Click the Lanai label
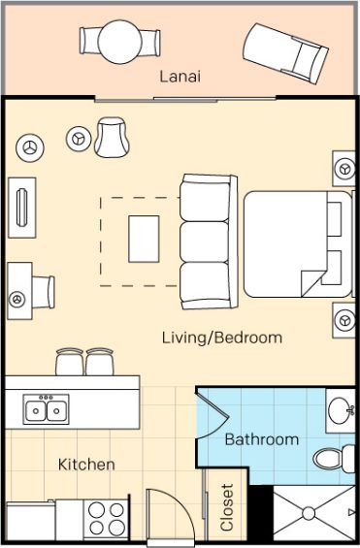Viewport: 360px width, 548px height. (x=180, y=77)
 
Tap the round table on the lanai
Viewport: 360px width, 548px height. (x=119, y=42)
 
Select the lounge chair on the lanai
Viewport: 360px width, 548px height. (x=285, y=53)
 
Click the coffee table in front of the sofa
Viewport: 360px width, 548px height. (x=144, y=239)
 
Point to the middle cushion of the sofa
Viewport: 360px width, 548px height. (x=205, y=242)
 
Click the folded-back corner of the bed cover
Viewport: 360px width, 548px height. (x=312, y=283)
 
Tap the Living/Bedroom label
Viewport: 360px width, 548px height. (x=222, y=338)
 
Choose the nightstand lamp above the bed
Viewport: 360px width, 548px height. (x=345, y=169)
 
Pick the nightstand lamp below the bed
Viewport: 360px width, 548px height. (x=344, y=320)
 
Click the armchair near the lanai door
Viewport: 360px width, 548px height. (x=112, y=137)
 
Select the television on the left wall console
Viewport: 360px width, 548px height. (x=21, y=207)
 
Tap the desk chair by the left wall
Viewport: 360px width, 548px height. (x=44, y=292)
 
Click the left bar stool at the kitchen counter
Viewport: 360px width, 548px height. (x=70, y=362)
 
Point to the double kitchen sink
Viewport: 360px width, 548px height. (x=47, y=409)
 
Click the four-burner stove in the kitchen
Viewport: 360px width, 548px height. (x=106, y=519)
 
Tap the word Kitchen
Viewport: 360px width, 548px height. (x=86, y=465)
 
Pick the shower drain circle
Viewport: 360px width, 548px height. (x=309, y=513)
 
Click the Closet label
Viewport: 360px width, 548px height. (x=227, y=507)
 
